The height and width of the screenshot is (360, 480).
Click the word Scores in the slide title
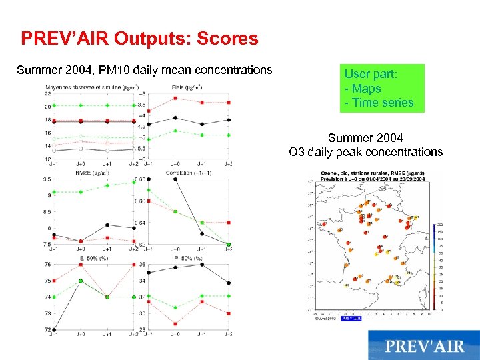click(227, 39)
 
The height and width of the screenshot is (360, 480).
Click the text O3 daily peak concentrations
click(365, 152)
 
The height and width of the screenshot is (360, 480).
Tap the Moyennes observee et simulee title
click(91, 87)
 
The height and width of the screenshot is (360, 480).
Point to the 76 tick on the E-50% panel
click(47, 264)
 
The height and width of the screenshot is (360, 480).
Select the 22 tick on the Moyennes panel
click(47, 94)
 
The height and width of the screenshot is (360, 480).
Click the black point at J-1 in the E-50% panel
click(53, 329)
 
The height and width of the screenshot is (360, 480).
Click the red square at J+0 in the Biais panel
click(175, 98)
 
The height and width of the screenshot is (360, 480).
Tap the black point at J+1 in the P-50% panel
click(201, 264)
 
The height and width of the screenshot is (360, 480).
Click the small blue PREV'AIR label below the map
click(351, 319)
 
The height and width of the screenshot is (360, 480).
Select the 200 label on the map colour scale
click(441, 225)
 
